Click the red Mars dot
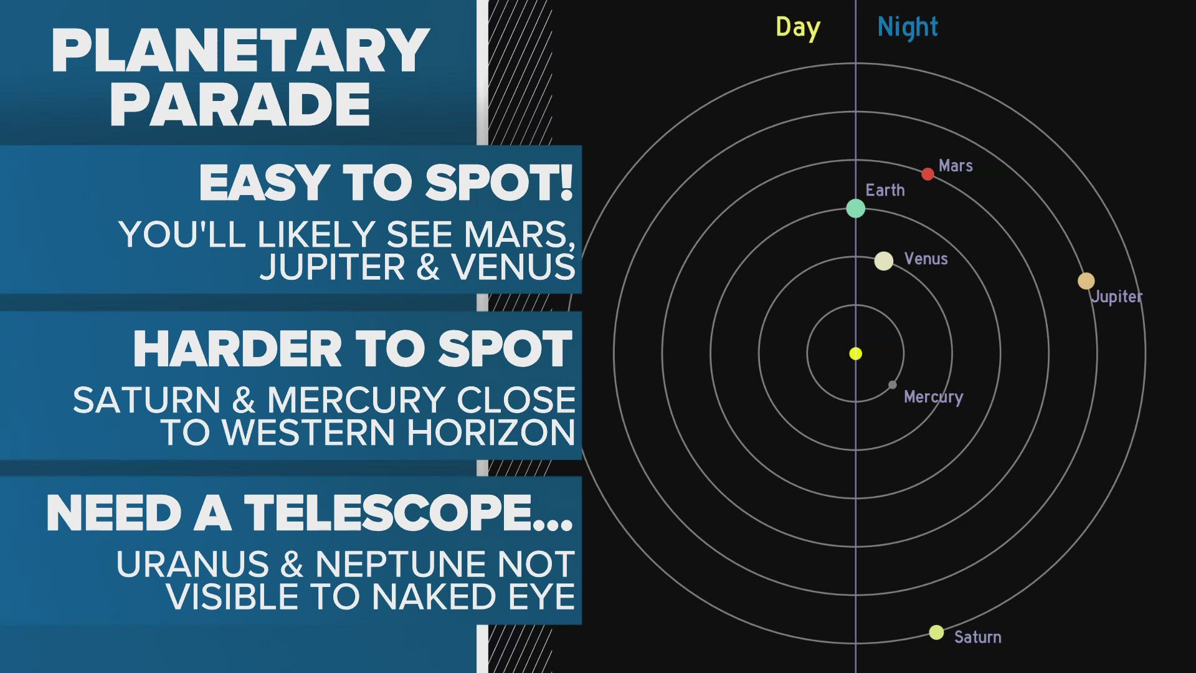click(928, 174)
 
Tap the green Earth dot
click(855, 208)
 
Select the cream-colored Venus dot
click(883, 260)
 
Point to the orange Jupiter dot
click(1086, 280)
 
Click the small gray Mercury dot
click(892, 385)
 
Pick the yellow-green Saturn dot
click(936, 632)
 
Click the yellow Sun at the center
click(855, 354)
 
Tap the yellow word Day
click(797, 28)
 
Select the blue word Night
click(907, 27)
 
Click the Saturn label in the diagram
click(977, 637)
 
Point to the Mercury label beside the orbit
click(933, 397)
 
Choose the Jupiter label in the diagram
click(1116, 297)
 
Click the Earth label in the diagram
click(885, 190)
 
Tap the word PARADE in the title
click(240, 105)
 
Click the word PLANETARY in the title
click(240, 51)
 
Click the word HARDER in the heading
click(237, 349)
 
